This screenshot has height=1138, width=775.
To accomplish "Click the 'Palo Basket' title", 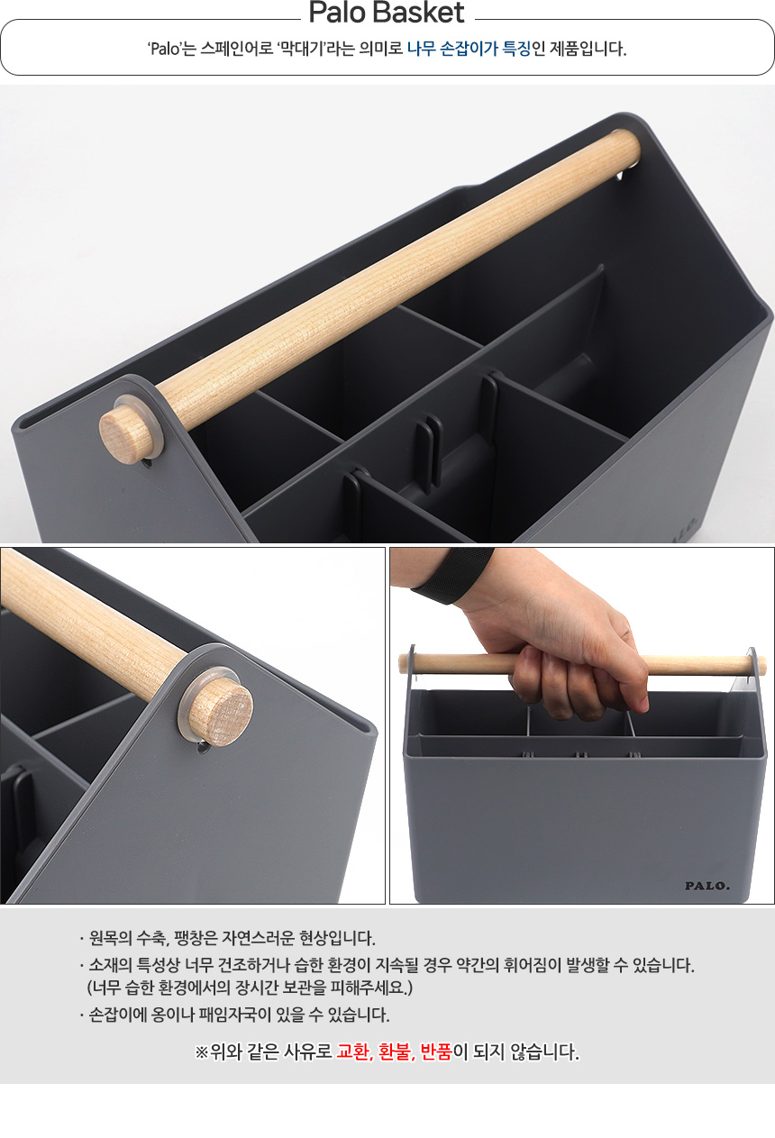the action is pos(387,13).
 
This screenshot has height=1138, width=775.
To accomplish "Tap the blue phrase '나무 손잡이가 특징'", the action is pos(469,49).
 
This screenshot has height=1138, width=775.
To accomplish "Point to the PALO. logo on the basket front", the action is pos(707,886).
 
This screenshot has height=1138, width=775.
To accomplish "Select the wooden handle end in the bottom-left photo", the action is pos(222,710).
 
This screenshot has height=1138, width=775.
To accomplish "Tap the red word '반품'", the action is pos(436,1052).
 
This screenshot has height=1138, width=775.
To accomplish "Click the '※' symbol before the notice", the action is pos(202,1052).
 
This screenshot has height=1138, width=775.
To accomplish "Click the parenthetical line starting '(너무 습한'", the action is pos(250,988).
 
